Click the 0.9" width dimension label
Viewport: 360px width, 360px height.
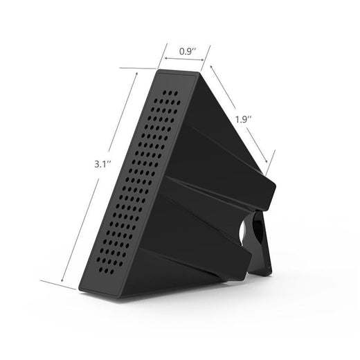pos(186,51)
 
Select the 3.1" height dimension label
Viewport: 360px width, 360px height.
pos(105,165)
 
